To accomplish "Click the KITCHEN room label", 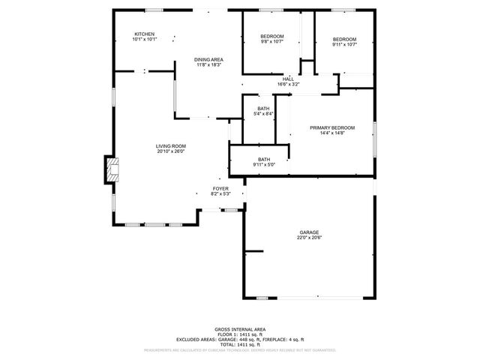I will click(144, 34).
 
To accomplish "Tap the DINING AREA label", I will click(209, 59).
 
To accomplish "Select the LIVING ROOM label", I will click(171, 145).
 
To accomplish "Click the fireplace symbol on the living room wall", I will click(111, 169).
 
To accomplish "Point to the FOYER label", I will click(220, 188).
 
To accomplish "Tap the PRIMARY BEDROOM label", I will click(332, 127).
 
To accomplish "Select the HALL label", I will click(288, 79).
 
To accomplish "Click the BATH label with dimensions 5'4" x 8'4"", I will click(263, 108).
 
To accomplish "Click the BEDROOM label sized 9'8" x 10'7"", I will click(272, 37).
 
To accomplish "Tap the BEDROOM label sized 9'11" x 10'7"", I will click(344, 39).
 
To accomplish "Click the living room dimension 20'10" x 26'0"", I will click(171, 151).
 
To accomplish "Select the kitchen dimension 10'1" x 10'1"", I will click(144, 40).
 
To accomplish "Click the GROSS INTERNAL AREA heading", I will click(240, 328).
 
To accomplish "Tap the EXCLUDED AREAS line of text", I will click(240, 339).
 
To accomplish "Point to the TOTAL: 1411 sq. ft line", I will click(240, 344).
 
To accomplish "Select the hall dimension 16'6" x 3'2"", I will click(288, 85).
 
